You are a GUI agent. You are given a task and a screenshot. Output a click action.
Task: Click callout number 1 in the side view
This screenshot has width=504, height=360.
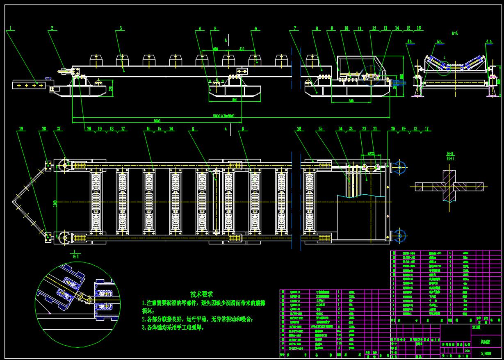[x=11, y=28]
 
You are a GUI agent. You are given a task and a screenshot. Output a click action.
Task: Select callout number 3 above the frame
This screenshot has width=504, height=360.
[x=121, y=28]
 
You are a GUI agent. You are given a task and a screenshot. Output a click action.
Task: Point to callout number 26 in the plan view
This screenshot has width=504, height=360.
[x=299, y=129]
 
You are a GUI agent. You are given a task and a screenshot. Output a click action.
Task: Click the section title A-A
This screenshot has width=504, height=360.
[x=454, y=32]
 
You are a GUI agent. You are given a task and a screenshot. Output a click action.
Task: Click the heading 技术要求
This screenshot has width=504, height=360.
[x=202, y=294]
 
